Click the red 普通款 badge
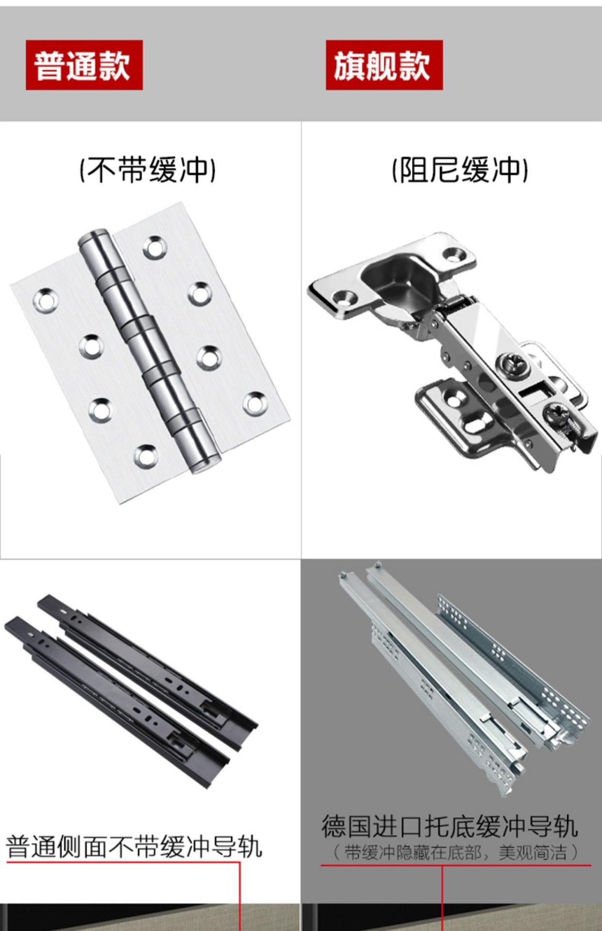tap(84, 65)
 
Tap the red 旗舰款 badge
tap(384, 65)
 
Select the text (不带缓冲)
tap(147, 170)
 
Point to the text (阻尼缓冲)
tap(460, 170)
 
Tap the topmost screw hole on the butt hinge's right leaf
tap(155, 247)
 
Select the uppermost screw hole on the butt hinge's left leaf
tap(45, 299)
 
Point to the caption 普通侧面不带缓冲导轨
tap(134, 846)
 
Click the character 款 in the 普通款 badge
tap(115, 65)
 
